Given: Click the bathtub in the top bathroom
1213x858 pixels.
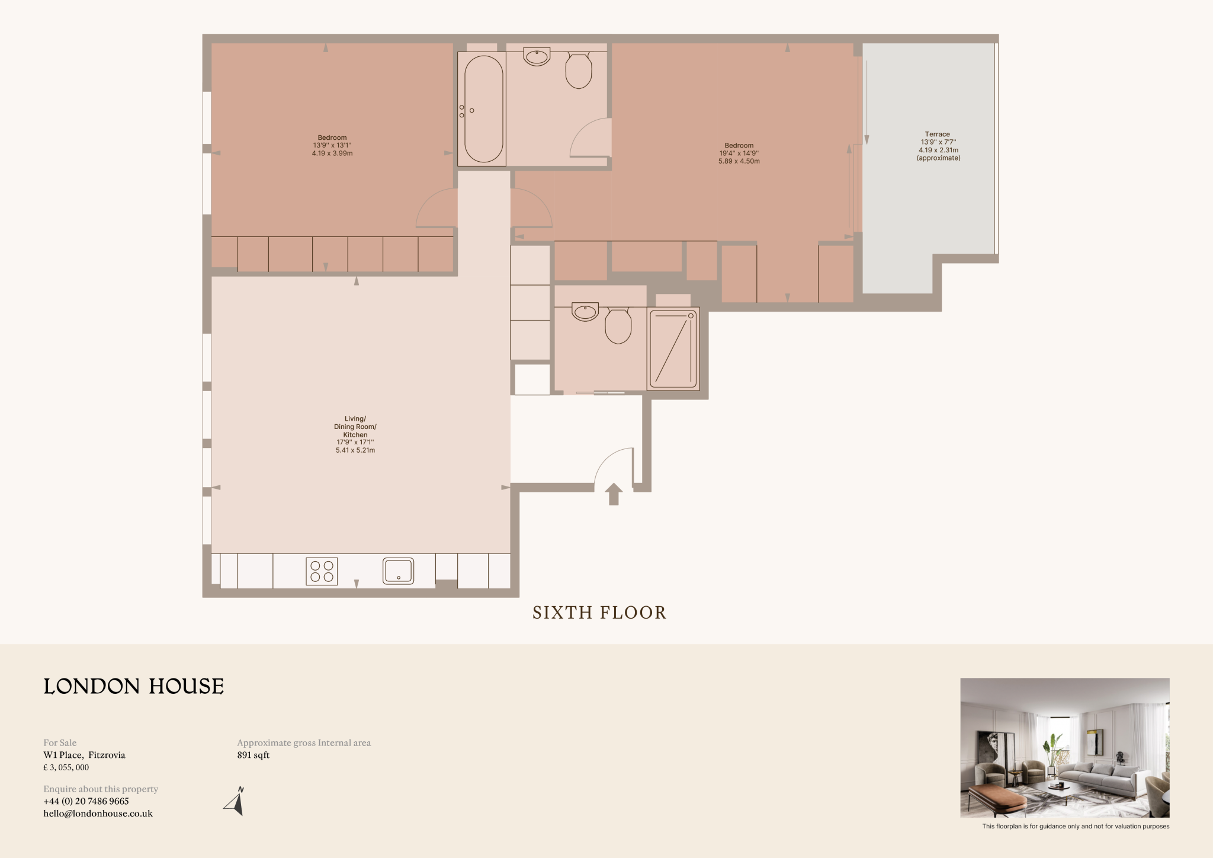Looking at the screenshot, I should coord(483,109).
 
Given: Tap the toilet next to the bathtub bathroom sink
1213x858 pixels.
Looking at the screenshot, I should coord(579,70).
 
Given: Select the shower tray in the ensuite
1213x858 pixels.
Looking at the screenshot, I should coord(674,348).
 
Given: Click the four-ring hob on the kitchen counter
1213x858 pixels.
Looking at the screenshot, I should coord(322,571).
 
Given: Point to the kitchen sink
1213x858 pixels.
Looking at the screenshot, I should coord(398,571).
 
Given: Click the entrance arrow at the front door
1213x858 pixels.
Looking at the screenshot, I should coord(614,494).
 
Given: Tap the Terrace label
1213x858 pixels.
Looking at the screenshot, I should coord(937,135).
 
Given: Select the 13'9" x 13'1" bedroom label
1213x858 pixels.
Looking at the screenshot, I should coord(332,145).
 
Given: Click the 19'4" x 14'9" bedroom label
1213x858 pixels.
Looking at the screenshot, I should coord(739,153).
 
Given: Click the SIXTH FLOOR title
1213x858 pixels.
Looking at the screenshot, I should coord(599,613).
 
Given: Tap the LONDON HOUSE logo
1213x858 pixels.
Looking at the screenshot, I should coord(134,686).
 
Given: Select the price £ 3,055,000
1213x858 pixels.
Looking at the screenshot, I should coord(66,767).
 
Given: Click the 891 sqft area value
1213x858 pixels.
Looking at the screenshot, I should coord(253,755).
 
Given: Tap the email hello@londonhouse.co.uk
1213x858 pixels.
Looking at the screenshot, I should coord(98,814).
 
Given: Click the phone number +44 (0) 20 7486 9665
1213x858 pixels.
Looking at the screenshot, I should coord(86,801).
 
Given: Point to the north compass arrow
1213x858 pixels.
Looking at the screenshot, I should coord(236,802).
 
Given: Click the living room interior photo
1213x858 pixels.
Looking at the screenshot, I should coord(1064,747).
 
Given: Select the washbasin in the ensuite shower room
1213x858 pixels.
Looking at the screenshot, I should coord(585,311).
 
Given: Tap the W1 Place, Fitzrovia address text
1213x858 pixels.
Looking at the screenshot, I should coord(84,755).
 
